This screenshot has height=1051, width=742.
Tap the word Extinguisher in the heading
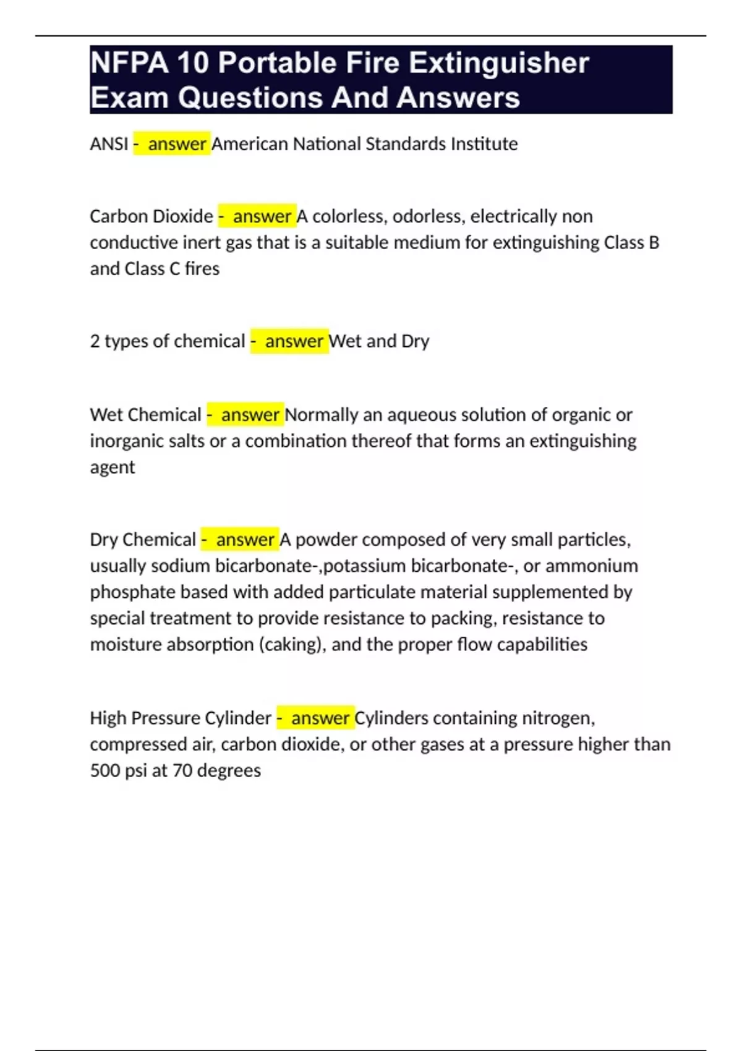tap(498, 63)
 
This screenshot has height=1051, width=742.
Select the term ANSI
tap(109, 144)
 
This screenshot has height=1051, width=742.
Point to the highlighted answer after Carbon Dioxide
tap(262, 216)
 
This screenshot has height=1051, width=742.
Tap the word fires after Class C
tap(202, 269)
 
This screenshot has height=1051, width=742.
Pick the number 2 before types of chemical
tap(95, 341)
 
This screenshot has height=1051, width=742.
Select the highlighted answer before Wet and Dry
tap(294, 341)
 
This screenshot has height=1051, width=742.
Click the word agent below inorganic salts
tap(112, 468)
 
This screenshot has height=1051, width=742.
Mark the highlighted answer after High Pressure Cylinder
tap(320, 718)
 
